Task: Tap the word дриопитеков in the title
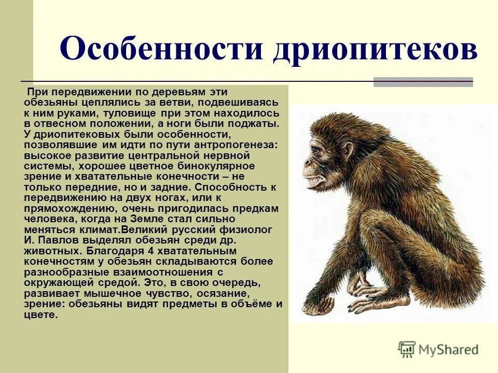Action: pyautogui.click(x=375, y=51)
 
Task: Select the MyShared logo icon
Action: pyautogui.click(x=407, y=350)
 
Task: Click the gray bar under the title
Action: pyautogui.click(x=423, y=82)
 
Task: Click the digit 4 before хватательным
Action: pyautogui.click(x=148, y=251)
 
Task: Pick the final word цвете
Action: pyautogui.click(x=40, y=315)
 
